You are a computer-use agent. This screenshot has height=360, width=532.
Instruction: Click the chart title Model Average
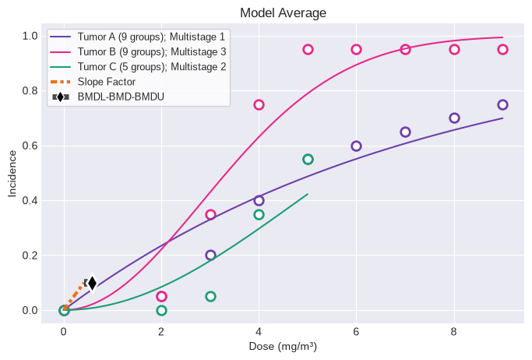283,13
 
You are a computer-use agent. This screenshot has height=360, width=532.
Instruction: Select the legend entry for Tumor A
137,37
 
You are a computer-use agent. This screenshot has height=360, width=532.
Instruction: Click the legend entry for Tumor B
138,51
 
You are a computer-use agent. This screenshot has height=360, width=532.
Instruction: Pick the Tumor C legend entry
138,66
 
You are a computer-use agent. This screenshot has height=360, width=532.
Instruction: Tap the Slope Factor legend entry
93,82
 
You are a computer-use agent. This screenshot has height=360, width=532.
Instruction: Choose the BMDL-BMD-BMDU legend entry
107,97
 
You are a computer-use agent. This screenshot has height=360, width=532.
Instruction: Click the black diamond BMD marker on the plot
92,283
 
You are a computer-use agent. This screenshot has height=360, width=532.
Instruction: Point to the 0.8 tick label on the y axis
30,91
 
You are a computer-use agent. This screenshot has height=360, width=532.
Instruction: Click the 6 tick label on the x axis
356,331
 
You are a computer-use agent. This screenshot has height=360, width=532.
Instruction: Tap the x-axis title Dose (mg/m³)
283,347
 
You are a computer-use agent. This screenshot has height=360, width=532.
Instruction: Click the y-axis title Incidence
12,174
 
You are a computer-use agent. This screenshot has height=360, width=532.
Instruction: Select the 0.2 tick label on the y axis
30,255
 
